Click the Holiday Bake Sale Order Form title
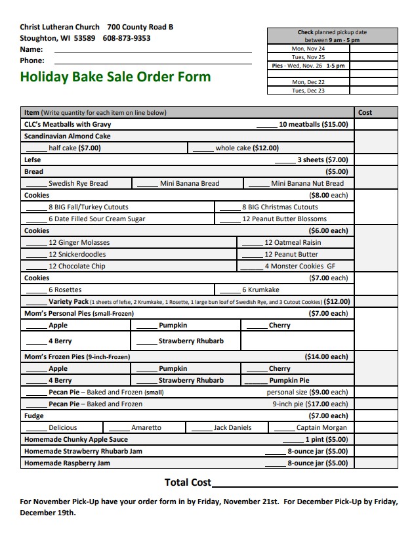tap(115, 77)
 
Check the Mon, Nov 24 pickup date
tap(308, 49)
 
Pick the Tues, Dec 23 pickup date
tap(308, 91)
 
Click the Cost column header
tap(365, 112)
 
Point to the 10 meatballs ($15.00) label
tap(313, 124)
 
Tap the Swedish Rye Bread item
tap(78, 183)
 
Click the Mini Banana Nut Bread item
tap(307, 183)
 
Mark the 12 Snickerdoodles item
tap(77, 254)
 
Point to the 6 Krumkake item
tap(260, 289)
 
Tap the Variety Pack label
tap(68, 301)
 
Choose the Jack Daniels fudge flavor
tap(232, 427)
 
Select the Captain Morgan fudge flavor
tap(321, 427)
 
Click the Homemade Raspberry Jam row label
tap(67, 463)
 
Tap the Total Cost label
tap(188, 482)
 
